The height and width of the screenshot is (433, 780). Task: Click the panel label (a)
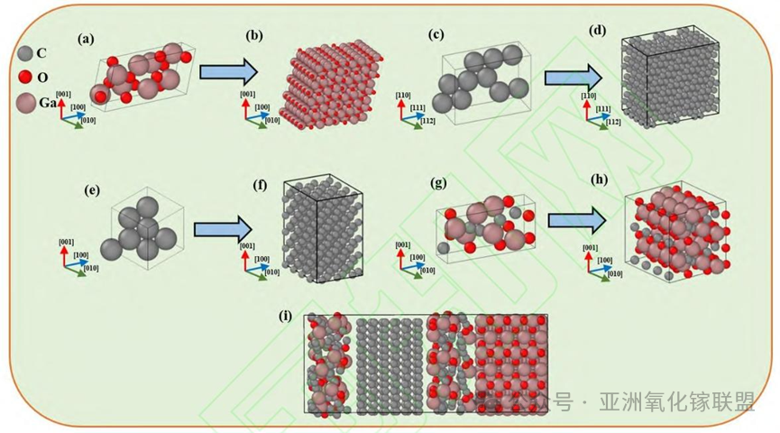[x=87, y=38]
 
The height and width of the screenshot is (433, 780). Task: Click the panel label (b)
[x=254, y=36]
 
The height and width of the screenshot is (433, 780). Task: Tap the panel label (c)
[x=436, y=35]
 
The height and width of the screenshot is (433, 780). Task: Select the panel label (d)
[x=597, y=30]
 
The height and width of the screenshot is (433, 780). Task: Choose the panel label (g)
[x=439, y=185]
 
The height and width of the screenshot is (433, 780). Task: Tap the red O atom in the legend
[x=25, y=77]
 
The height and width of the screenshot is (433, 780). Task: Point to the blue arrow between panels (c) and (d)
[x=573, y=78]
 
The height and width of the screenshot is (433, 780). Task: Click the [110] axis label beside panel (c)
[x=404, y=93]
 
